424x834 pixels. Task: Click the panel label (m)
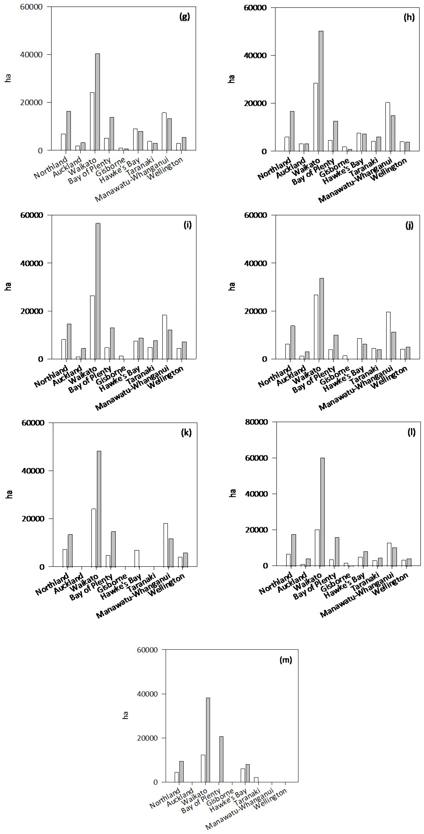(286, 659)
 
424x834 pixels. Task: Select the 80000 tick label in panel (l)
(257, 422)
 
